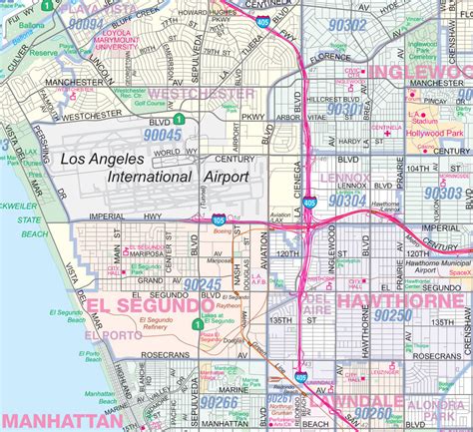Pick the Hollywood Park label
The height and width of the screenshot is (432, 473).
click(x=435, y=133)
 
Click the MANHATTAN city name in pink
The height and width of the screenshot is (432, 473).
click(x=49, y=420)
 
